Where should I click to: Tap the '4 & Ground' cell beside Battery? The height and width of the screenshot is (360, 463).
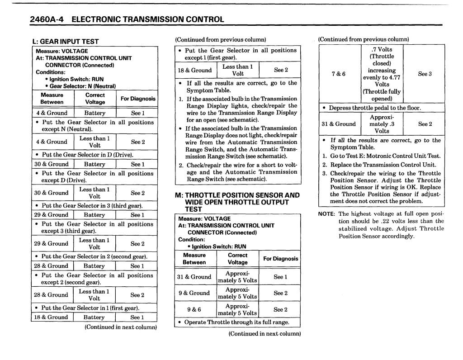[x=52, y=113]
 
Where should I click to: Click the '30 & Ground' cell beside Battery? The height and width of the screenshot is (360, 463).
[x=52, y=164]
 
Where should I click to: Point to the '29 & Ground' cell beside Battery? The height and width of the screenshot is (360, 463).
[x=52, y=215]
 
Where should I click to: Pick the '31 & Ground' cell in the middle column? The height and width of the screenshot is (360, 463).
[x=194, y=277]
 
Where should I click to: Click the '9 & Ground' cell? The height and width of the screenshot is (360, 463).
[x=194, y=293]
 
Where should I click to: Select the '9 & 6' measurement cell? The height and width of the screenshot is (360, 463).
[x=194, y=310]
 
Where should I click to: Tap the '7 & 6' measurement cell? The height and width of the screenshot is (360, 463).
[x=338, y=74]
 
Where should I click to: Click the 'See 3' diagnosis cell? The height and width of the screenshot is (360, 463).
[x=425, y=74]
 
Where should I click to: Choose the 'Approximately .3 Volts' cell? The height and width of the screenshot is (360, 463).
[x=382, y=124]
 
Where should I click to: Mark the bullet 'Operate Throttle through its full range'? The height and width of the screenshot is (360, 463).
[x=237, y=322]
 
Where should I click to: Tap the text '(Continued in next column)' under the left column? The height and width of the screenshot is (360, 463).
[x=121, y=327]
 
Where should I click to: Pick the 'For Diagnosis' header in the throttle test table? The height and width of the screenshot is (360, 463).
[x=280, y=259]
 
